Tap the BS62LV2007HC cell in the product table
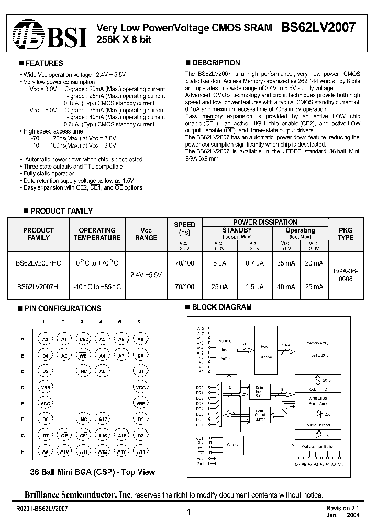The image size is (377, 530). pyautogui.click(x=39, y=263)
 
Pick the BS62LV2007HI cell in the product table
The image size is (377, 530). pyautogui.click(x=38, y=286)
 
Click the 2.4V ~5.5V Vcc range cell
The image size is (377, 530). pyautogui.click(x=146, y=274)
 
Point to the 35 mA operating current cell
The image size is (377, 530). pyautogui.click(x=286, y=263)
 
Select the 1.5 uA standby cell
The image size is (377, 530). pyautogui.click(x=254, y=286)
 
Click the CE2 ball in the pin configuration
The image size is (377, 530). pyautogui.click(x=82, y=340)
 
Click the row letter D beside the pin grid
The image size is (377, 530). pyautogui.click(x=23, y=388)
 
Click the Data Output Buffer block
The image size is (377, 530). pyautogui.click(x=260, y=416)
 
